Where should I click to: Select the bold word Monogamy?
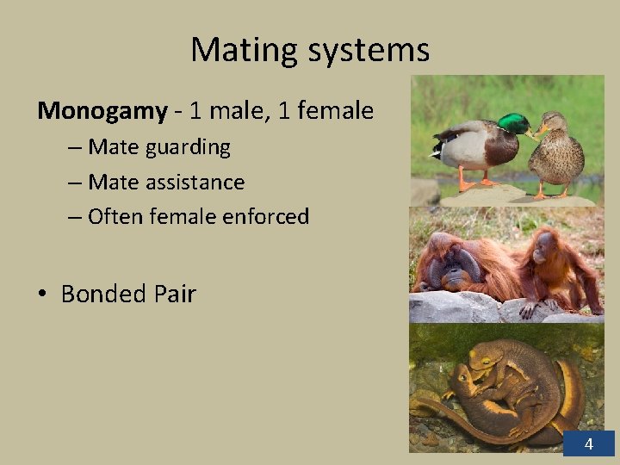click(102, 111)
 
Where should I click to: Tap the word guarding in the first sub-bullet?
click(188, 147)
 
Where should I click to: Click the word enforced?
click(265, 216)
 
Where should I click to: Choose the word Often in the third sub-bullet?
click(116, 216)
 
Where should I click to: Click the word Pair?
click(176, 294)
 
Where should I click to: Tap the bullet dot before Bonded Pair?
click(41, 295)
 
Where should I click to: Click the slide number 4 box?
click(588, 444)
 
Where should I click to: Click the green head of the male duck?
click(514, 123)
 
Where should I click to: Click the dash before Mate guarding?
click(74, 148)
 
